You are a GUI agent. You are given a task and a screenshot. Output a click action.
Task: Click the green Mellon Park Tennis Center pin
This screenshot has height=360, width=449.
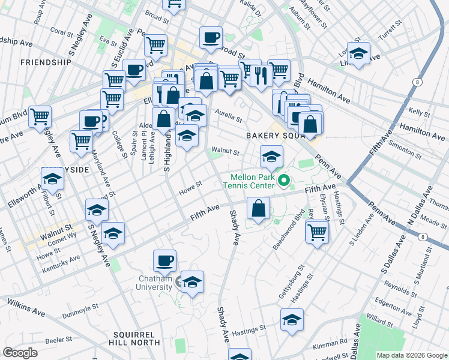pos(285,179)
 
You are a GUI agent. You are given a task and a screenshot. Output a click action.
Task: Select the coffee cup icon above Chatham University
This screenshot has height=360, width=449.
pos(164,260)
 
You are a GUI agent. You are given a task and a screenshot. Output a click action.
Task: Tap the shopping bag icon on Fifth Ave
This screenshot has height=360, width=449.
pos(258,209)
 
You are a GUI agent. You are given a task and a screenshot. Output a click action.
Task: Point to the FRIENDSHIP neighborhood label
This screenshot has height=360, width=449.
pos(46,62)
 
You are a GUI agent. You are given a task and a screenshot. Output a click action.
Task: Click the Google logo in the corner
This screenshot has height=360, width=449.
pos(20,352)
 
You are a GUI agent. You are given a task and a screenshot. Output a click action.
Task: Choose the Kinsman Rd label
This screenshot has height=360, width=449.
pos(334,342)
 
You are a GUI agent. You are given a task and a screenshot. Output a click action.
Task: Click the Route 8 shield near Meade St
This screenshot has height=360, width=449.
pos(425,237)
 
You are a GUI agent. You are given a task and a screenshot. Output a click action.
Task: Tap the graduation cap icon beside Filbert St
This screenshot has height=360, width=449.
pos(52,178)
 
